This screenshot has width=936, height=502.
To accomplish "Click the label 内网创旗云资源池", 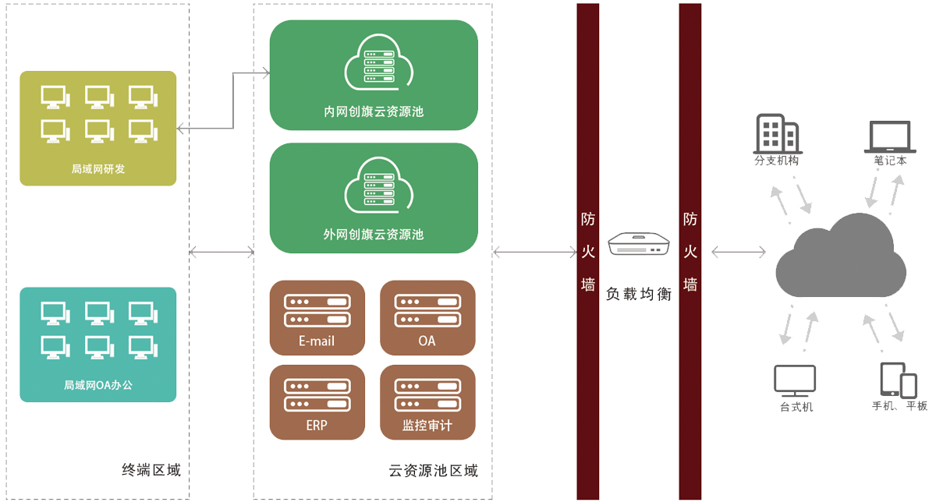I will [374, 112].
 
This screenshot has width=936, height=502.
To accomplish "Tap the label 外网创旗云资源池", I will [374, 234].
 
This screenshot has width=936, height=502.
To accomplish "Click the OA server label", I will [427, 341].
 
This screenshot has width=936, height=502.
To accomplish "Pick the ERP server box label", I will [317, 426].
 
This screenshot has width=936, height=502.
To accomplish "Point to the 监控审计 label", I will [427, 426].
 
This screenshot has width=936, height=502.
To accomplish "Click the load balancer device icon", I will [639, 246].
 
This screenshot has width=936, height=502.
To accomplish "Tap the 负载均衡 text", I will [639, 295].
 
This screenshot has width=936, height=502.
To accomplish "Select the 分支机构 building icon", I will [776, 133].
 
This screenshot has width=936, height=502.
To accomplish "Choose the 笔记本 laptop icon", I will [888, 137].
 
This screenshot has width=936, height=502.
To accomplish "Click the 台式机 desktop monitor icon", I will [795, 380].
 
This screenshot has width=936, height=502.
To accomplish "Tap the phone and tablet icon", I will [898, 380].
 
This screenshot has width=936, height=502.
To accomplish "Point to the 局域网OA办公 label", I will [97, 385].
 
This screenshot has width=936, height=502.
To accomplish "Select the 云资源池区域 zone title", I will [433, 471].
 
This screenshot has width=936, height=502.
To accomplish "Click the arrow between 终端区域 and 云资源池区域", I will [222, 252].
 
